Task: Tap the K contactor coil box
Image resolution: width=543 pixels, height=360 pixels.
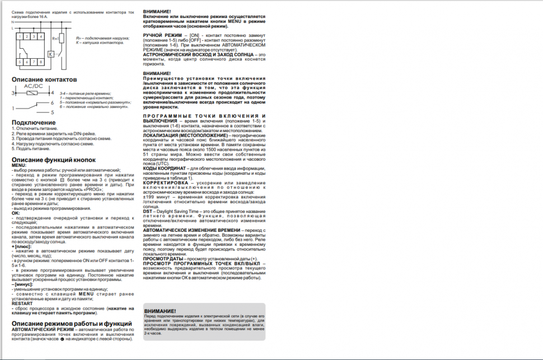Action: pyautogui.click(x=50, y=54)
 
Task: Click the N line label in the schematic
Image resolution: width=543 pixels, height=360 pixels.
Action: pyautogui.click(x=13, y=21)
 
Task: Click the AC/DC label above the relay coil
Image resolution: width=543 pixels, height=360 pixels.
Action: pyautogui.click(x=33, y=87)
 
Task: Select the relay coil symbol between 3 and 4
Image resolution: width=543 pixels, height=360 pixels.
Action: pyautogui.click(x=33, y=93)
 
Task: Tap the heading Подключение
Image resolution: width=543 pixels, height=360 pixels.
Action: pyautogui.click(x=34, y=122)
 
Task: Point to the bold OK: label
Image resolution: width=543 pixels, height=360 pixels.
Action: pyautogui.click(x=16, y=213)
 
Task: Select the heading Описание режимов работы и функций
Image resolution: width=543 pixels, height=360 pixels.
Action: pyautogui.click(x=72, y=324)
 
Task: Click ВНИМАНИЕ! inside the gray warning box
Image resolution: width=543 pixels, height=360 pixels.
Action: pyautogui.click(x=160, y=311)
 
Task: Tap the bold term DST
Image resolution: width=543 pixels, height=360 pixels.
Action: pyautogui.click(x=148, y=211)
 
